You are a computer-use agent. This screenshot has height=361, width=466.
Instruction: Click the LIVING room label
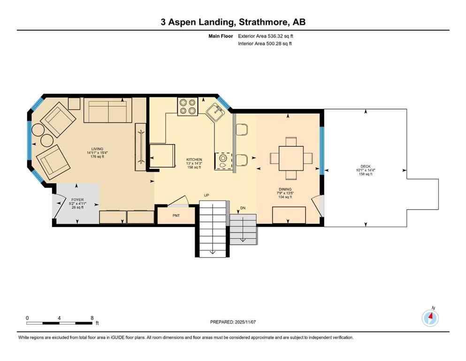[x=97, y=149]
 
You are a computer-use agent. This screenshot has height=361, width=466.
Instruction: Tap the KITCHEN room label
[x=193, y=160]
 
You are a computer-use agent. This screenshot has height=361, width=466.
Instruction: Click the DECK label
[x=366, y=166]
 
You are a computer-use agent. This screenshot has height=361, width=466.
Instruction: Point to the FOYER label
[x=77, y=199]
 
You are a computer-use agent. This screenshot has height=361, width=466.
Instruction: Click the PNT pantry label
[x=176, y=216]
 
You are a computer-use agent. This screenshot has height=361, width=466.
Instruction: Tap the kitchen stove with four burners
[x=186, y=107]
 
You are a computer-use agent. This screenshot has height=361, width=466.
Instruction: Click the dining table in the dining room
[x=291, y=158]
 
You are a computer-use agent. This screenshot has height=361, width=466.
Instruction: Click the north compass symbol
[x=430, y=318]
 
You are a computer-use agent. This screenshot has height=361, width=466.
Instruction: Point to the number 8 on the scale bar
[x=92, y=318]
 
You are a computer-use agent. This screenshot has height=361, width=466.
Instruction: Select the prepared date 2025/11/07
[x=233, y=322]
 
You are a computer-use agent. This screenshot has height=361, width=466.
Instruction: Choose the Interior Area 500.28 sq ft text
[x=266, y=44]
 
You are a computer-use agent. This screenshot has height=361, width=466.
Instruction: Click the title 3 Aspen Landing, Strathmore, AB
[x=233, y=22]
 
